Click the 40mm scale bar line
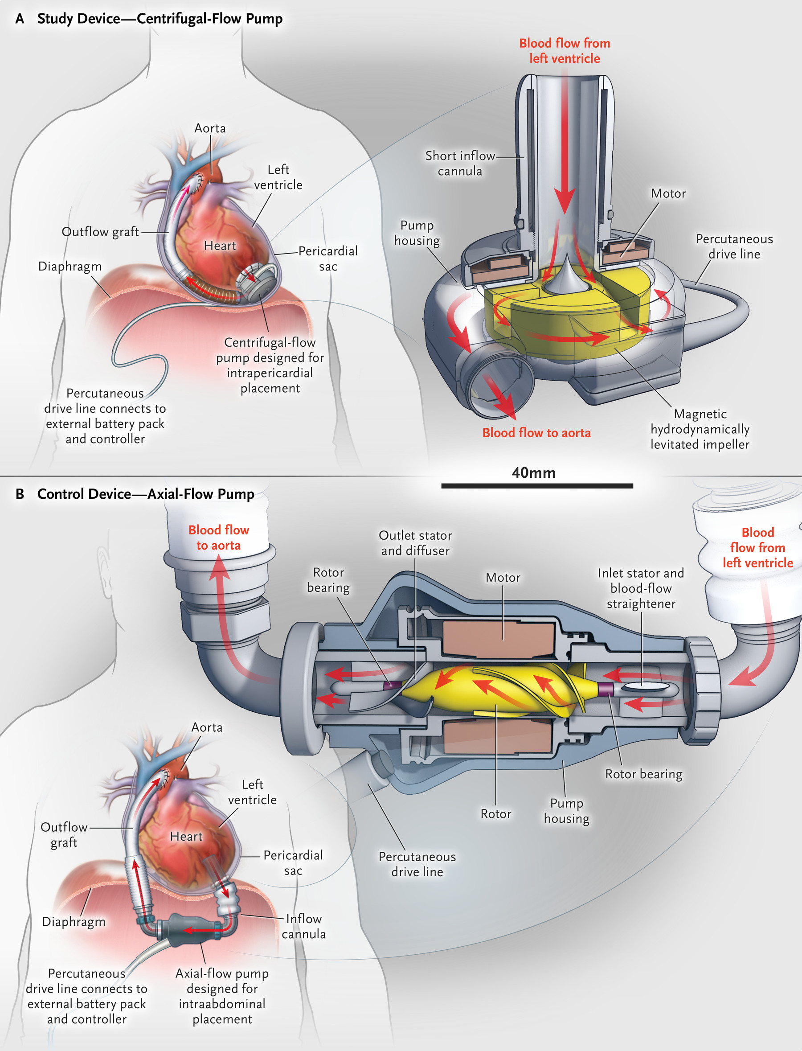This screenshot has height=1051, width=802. pyautogui.click(x=536, y=486)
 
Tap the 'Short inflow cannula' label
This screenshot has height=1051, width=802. pyautogui.click(x=460, y=163)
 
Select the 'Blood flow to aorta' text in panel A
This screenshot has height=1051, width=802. pyautogui.click(x=536, y=433)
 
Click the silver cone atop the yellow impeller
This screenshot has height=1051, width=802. pyautogui.click(x=566, y=277)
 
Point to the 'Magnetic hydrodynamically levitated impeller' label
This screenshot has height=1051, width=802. pyautogui.click(x=700, y=429)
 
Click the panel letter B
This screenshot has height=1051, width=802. pyautogui.click(x=20, y=494)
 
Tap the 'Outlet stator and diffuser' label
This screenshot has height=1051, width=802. pyautogui.click(x=415, y=543)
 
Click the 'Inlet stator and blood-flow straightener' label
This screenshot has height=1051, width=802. pyautogui.click(x=641, y=588)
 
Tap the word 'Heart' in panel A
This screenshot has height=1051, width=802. pyautogui.click(x=220, y=246)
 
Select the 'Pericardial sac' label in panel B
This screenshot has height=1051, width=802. pyautogui.click(x=293, y=863)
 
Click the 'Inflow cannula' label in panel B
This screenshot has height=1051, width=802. pyautogui.click(x=303, y=926)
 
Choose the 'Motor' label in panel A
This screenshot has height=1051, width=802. pyautogui.click(x=668, y=193)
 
